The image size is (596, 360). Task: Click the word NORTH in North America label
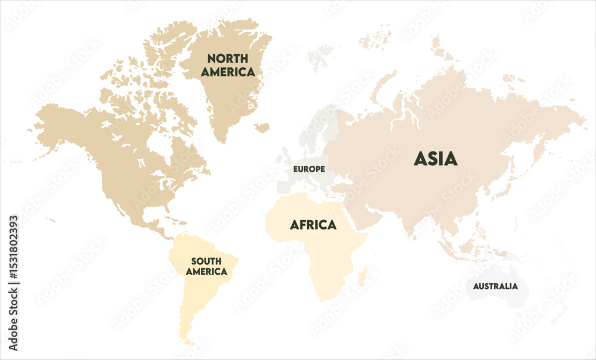click(x=227, y=58)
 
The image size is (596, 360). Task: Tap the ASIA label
click(x=436, y=159)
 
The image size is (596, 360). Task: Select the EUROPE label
click(x=309, y=169)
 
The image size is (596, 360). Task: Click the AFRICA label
click(x=313, y=225)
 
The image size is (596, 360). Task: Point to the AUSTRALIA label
click(x=495, y=286)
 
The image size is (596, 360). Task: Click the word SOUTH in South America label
click(x=206, y=261)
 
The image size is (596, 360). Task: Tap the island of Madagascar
click(x=361, y=276)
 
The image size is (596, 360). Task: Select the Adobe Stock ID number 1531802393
click(x=13, y=283)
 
